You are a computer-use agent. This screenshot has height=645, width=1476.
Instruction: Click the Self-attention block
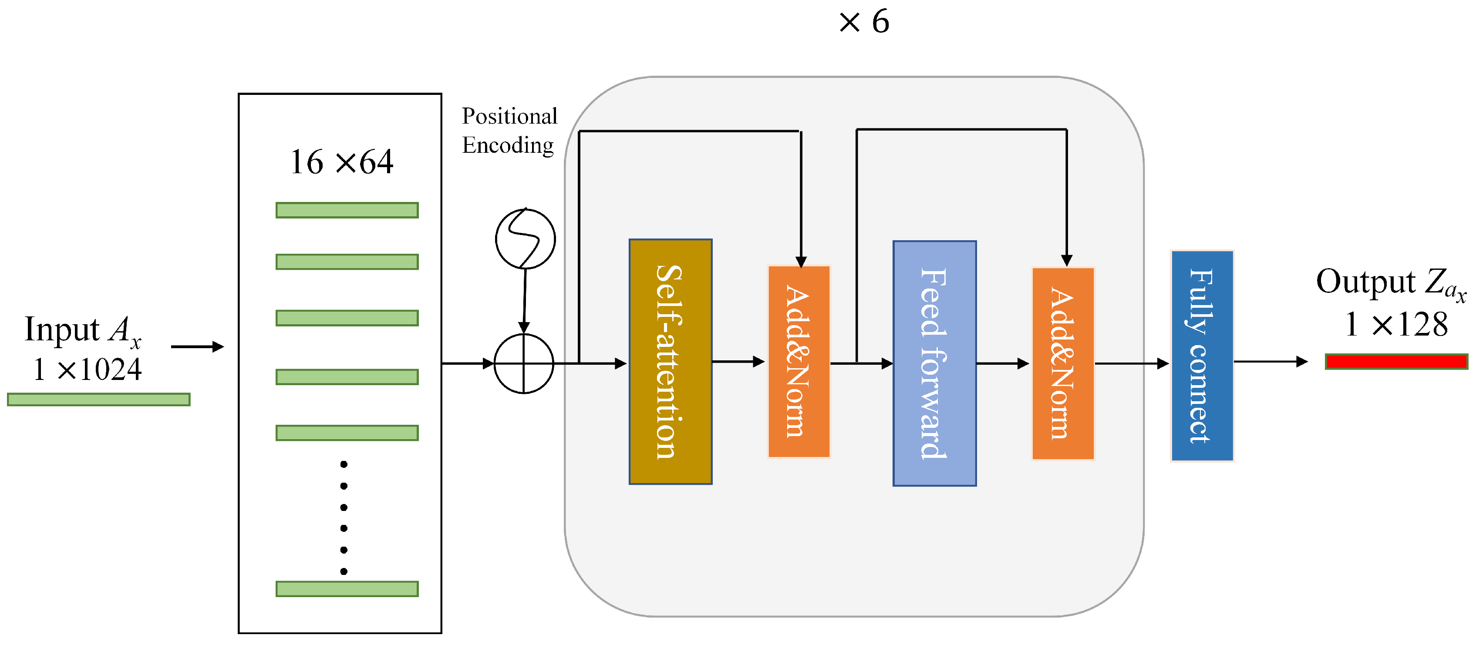(x=671, y=361)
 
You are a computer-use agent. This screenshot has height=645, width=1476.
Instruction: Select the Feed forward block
(x=934, y=363)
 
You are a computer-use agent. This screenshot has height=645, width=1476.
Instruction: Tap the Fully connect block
(x=1202, y=356)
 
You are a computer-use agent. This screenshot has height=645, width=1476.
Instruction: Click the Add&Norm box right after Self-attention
(x=798, y=361)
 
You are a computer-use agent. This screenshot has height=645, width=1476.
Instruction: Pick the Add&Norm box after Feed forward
(x=1062, y=363)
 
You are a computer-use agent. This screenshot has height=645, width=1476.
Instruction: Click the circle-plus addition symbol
(x=524, y=363)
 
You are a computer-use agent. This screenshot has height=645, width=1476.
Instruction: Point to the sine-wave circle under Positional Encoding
(x=525, y=239)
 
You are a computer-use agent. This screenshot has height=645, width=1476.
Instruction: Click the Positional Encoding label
(x=509, y=131)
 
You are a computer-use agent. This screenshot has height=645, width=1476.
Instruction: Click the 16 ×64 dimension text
(x=341, y=162)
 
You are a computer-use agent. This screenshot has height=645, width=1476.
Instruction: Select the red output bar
(x=1396, y=361)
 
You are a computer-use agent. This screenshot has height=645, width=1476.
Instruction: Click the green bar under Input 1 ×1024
(x=98, y=399)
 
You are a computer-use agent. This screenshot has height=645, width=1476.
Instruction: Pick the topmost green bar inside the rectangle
(x=347, y=210)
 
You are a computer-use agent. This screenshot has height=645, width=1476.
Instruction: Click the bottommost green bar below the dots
(x=347, y=588)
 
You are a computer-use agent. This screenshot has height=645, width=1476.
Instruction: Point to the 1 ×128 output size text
(x=1396, y=325)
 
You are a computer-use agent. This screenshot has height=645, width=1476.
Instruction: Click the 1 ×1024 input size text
(x=87, y=370)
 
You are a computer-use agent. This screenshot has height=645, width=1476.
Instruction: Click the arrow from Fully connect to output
(x=1270, y=361)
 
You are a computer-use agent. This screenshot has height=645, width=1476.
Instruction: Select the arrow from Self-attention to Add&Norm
(x=738, y=361)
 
